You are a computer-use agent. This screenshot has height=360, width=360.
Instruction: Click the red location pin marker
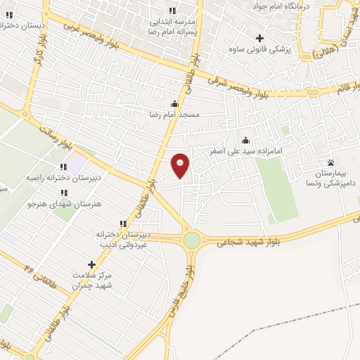(181, 165)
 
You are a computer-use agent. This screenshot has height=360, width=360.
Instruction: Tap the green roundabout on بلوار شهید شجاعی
(191, 240)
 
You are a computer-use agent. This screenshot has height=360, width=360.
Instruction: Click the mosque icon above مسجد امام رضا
(174, 105)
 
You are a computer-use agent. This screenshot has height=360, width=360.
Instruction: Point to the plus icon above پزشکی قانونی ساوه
(260, 38)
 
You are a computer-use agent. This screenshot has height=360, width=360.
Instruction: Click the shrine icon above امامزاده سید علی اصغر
(245, 140)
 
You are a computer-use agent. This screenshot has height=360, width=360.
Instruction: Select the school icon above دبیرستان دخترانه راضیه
(63, 167)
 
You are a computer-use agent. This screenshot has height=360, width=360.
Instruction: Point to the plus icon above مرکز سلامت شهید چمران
(91, 264)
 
